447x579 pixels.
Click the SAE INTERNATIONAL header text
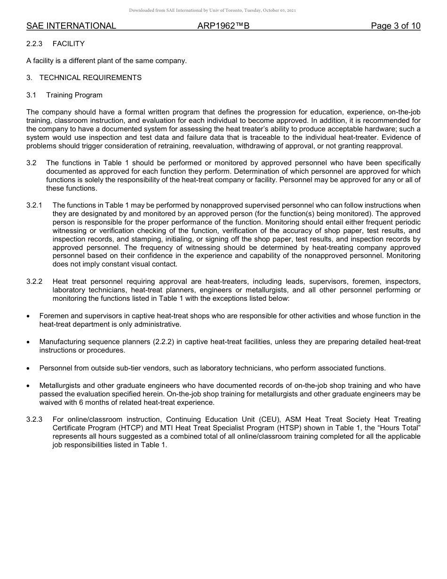(x=71, y=26)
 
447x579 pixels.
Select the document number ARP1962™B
(x=223, y=26)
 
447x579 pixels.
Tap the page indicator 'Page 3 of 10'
(x=395, y=26)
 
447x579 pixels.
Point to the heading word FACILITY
(x=69, y=44)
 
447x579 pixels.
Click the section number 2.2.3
(x=34, y=44)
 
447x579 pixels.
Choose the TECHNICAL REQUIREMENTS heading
(x=90, y=78)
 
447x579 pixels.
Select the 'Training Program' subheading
(x=74, y=95)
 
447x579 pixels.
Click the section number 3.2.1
(x=34, y=205)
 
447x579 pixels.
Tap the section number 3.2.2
(x=34, y=281)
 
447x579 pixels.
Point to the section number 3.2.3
(x=34, y=419)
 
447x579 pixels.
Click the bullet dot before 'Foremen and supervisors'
(x=29, y=316)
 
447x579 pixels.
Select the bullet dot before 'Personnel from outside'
(x=29, y=368)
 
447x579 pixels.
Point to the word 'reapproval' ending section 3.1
(x=384, y=146)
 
